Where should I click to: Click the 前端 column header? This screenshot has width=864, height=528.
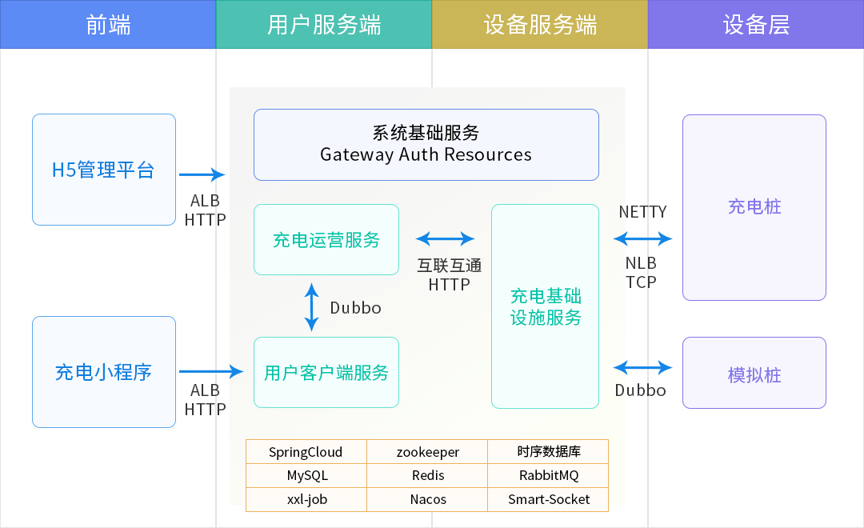tap(108, 25)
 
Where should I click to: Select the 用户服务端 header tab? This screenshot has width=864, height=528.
tap(324, 25)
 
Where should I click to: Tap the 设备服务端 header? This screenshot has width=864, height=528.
tap(540, 25)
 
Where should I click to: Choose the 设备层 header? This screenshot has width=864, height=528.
tap(756, 25)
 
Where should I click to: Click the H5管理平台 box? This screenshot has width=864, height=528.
tap(104, 170)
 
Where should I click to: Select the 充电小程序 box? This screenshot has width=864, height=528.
tap(104, 372)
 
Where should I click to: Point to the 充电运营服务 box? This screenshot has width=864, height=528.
tap(326, 240)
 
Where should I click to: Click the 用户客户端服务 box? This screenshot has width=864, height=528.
tap(326, 372)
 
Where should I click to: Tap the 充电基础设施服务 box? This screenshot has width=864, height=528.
tap(546, 306)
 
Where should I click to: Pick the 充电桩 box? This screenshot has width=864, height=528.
tap(754, 208)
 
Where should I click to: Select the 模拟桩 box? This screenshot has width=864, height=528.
tap(754, 374)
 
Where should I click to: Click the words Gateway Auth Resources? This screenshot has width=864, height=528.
tap(426, 154)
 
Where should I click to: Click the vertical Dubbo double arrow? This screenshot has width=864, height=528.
tap(312, 306)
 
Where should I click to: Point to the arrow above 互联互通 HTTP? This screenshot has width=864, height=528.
tap(446, 238)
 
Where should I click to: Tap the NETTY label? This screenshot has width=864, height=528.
tap(642, 212)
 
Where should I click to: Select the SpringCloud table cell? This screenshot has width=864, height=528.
tap(306, 452)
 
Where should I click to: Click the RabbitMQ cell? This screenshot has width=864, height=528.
tap(548, 475)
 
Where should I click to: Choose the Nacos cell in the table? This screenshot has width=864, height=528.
tap(428, 499)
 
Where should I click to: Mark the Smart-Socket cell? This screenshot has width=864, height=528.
tap(548, 499)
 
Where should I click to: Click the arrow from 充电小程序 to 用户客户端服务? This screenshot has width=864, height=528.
tap(210, 371)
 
